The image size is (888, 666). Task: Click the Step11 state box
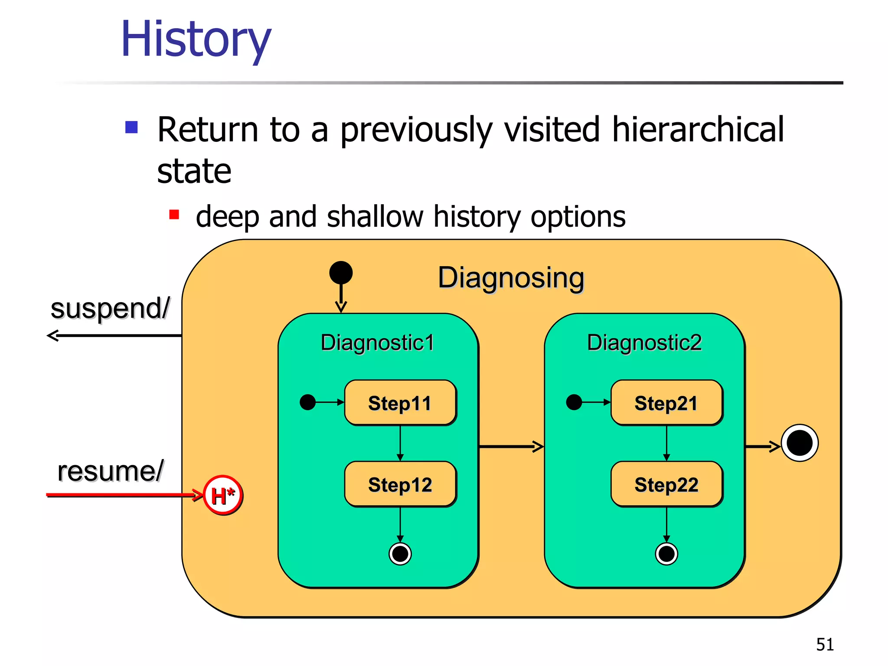click(400, 403)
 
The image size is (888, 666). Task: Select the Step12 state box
click(400, 484)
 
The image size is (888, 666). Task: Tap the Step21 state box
click(666, 403)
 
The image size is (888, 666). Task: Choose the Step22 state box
click(666, 484)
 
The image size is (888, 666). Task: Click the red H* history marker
click(223, 495)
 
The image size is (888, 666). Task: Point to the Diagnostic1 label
click(377, 343)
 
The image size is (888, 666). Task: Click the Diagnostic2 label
click(644, 343)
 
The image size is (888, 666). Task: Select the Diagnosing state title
click(511, 277)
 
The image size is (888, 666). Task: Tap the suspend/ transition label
click(110, 309)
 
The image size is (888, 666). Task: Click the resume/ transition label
click(111, 471)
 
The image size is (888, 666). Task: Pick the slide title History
click(196, 40)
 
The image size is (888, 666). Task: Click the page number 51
click(825, 644)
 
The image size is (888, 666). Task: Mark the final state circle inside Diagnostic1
click(400, 554)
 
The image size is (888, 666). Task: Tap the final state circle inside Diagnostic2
click(666, 554)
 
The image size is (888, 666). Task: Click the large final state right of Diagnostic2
click(800, 443)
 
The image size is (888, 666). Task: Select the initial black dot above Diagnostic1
click(341, 273)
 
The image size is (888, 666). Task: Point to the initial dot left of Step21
click(574, 402)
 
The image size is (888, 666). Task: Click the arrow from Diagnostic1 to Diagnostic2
click(511, 446)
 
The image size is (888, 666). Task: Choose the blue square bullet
click(131, 127)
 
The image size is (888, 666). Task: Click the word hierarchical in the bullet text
click(698, 130)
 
